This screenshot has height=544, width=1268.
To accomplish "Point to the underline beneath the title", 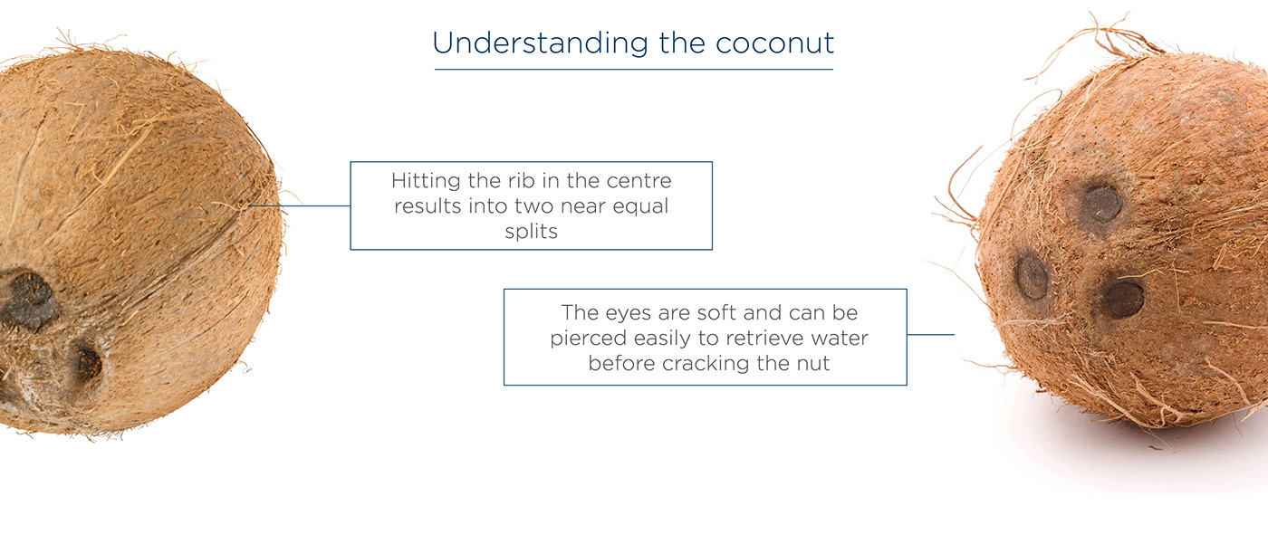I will pyautogui.click(x=633, y=69).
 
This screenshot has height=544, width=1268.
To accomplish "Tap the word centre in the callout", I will pyautogui.click(x=640, y=180).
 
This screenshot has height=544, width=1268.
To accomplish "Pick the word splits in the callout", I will pyautogui.click(x=531, y=231).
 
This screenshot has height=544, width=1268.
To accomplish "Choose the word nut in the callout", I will pyautogui.click(x=812, y=364).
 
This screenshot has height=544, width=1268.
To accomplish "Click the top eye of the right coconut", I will pyautogui.click(x=1101, y=204).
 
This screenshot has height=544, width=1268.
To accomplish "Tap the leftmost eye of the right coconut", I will pyautogui.click(x=1032, y=275).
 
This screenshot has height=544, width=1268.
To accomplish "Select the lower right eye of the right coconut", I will pyautogui.click(x=1123, y=299).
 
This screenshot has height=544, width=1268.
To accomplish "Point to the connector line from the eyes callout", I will pyautogui.click(x=930, y=335).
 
